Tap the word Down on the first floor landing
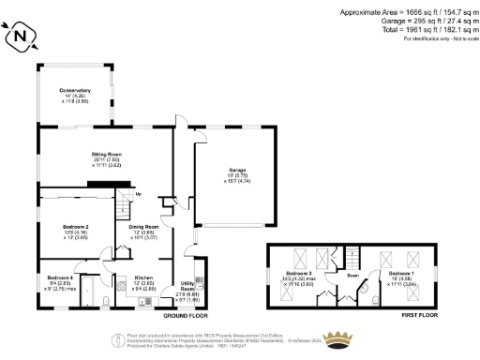pyautogui.click(x=352, y=276)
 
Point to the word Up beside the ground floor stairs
pyautogui.click(x=139, y=194)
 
